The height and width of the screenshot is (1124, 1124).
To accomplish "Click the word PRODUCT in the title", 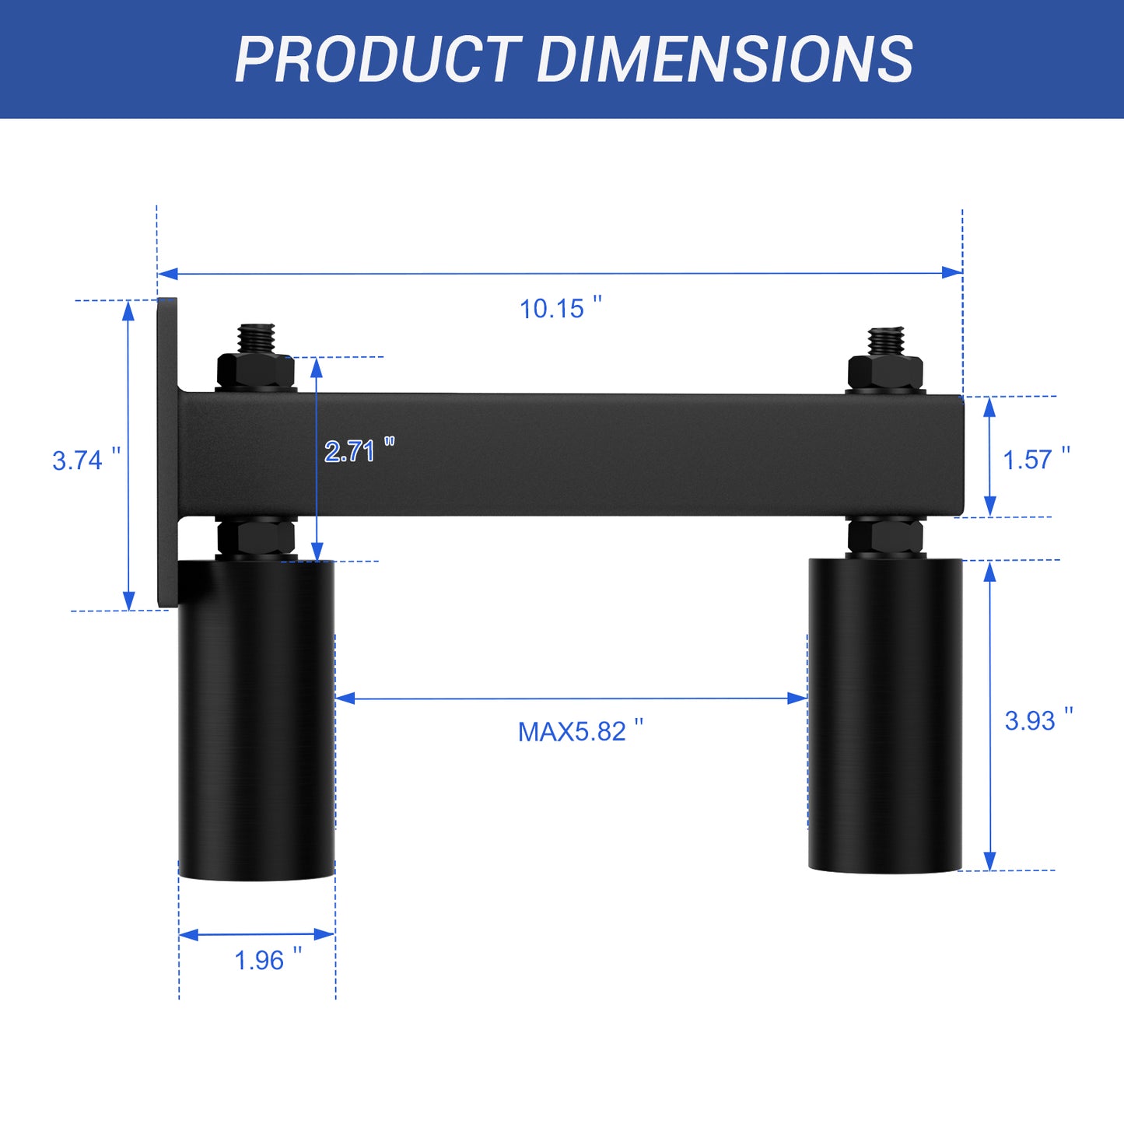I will tap(378, 59).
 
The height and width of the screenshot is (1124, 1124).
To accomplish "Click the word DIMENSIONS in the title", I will tap(725, 59).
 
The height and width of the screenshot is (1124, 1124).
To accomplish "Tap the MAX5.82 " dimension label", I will tap(580, 731).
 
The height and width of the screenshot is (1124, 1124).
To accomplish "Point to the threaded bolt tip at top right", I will tap(885, 340).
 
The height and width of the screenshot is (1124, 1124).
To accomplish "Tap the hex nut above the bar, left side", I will tap(256, 372).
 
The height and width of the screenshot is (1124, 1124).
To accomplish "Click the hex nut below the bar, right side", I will tap(885, 535).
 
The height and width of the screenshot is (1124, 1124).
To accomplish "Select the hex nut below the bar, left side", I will tap(256, 537).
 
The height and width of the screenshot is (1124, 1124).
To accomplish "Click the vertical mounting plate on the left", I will tap(166, 451).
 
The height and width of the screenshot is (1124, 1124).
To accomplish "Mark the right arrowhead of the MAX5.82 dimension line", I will tap(797, 698).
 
